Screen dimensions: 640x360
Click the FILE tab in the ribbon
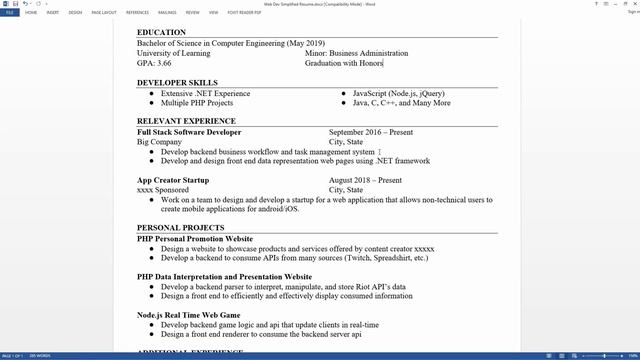(9, 14)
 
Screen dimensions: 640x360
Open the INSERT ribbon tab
(52, 14)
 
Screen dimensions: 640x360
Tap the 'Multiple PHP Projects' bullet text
(197, 103)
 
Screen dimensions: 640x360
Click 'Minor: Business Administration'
(356, 53)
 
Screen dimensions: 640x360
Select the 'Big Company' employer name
(159, 142)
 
